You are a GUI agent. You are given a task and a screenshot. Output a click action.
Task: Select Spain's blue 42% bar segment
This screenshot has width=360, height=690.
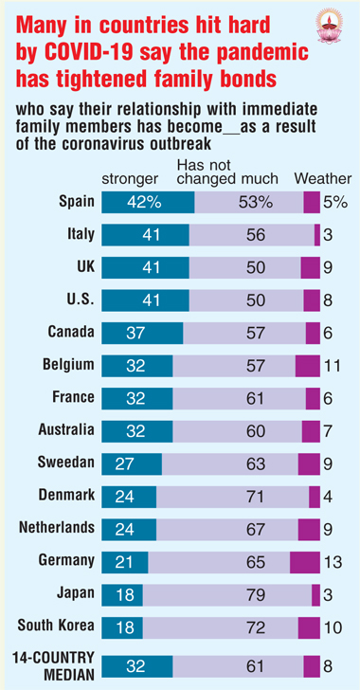(x=148, y=203)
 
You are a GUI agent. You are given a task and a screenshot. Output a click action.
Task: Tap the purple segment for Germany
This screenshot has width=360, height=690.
(x=305, y=562)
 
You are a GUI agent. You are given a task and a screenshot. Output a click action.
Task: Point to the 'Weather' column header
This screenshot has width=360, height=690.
(x=323, y=178)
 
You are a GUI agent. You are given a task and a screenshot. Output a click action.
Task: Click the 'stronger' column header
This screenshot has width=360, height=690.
(x=130, y=179)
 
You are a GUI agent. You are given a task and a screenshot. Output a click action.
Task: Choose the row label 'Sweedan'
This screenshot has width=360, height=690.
(x=66, y=463)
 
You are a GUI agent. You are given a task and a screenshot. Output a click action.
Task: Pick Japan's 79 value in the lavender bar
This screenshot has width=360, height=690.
(x=256, y=595)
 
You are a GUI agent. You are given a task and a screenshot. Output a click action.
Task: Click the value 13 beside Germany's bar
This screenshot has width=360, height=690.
(x=333, y=562)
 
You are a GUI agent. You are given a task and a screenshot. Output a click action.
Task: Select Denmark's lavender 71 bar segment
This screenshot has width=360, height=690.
(x=232, y=497)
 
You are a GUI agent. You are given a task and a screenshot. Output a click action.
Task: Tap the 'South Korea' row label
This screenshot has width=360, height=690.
(x=56, y=625)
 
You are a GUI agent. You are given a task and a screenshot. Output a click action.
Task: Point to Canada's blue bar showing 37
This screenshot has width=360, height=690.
(x=142, y=334)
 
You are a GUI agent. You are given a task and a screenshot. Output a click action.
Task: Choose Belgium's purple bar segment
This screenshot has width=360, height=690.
(x=308, y=366)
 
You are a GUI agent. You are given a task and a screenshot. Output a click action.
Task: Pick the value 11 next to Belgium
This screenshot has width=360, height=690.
(x=333, y=366)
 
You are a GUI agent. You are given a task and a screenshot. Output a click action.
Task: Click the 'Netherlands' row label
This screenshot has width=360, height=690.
(x=57, y=527)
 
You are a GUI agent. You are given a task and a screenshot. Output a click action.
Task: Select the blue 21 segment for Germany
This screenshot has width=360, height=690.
(x=125, y=562)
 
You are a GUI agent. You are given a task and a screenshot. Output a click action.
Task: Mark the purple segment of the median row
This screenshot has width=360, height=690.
(x=312, y=665)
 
